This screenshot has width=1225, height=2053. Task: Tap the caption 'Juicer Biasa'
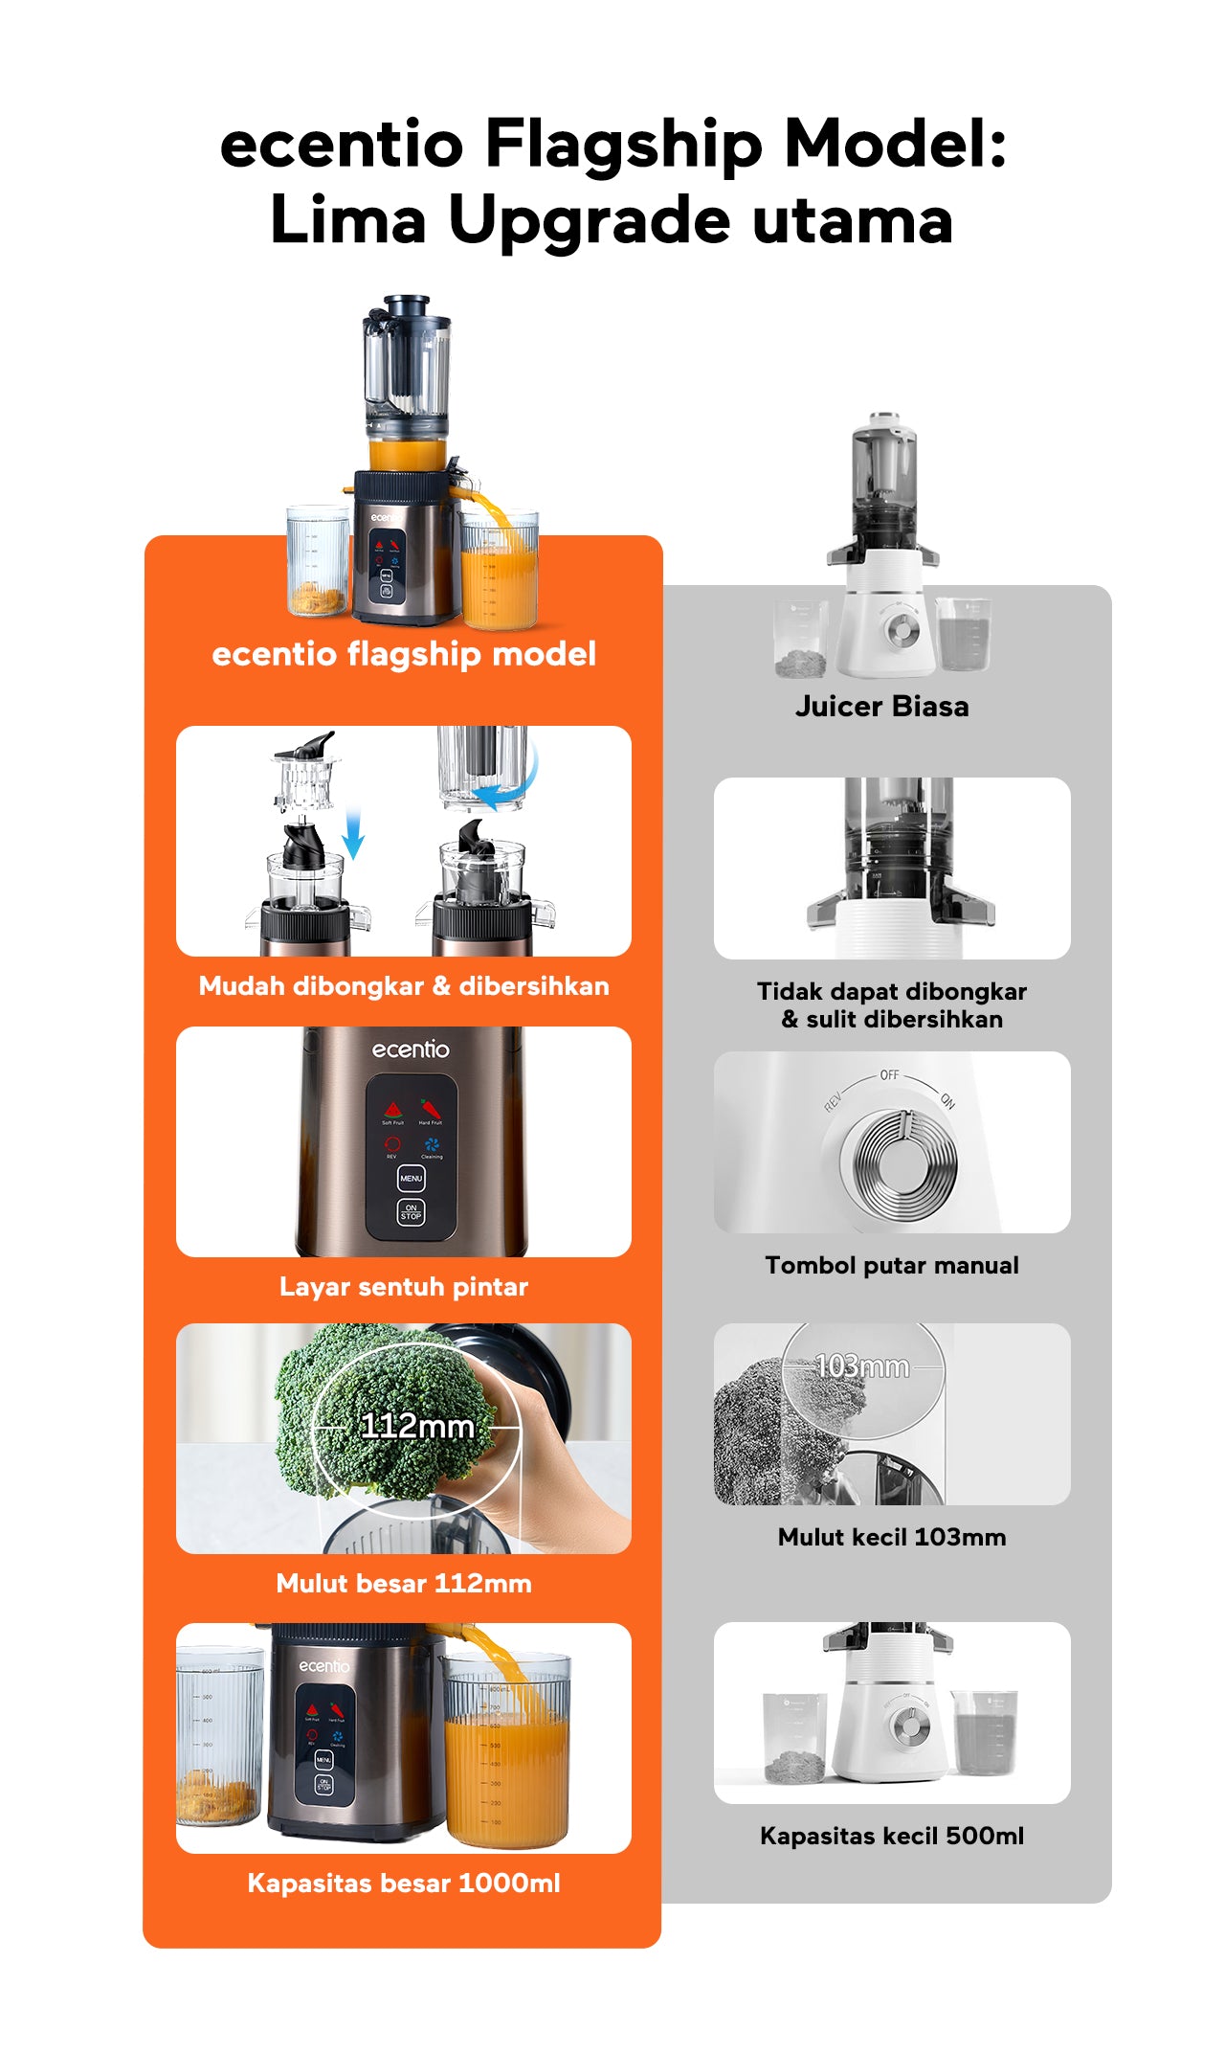[x=881, y=707]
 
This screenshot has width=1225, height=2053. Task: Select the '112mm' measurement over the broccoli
[x=417, y=1427]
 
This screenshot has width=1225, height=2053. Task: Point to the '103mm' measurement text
[x=861, y=1366]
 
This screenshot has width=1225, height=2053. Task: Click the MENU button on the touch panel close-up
[x=411, y=1179]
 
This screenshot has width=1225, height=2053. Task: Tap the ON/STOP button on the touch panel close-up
[x=411, y=1212]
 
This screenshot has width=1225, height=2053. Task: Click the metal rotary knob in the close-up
[x=898, y=1159]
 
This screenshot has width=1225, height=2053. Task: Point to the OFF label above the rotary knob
[x=889, y=1075]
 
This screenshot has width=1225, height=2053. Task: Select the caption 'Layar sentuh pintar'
[x=403, y=1287]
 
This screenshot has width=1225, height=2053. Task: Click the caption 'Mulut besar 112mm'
[x=403, y=1584]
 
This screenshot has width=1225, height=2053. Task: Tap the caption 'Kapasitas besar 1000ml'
[x=403, y=1884]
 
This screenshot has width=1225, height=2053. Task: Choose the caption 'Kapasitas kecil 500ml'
[x=891, y=1836]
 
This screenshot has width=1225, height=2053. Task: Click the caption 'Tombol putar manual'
[x=891, y=1266]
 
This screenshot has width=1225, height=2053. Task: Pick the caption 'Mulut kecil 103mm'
[x=891, y=1537]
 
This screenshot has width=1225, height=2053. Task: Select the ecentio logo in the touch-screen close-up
[x=411, y=1049]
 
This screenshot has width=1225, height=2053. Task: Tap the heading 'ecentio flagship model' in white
[x=403, y=654]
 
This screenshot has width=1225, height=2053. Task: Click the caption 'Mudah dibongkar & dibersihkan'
[x=403, y=986]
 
